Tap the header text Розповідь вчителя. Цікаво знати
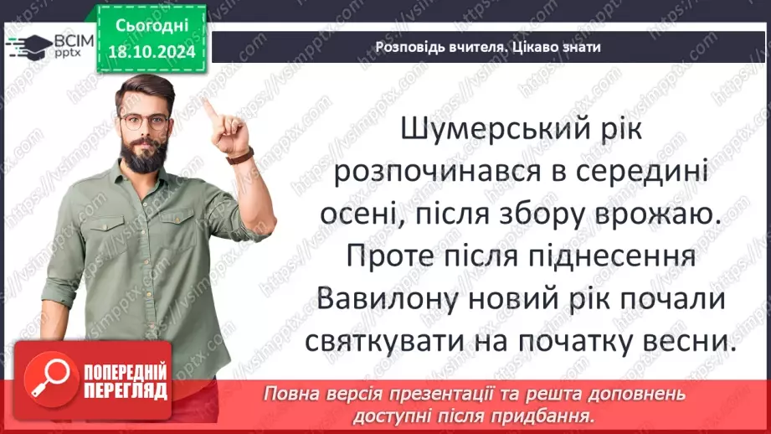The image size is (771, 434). click(488, 47)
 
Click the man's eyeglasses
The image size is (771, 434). click(144, 121)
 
